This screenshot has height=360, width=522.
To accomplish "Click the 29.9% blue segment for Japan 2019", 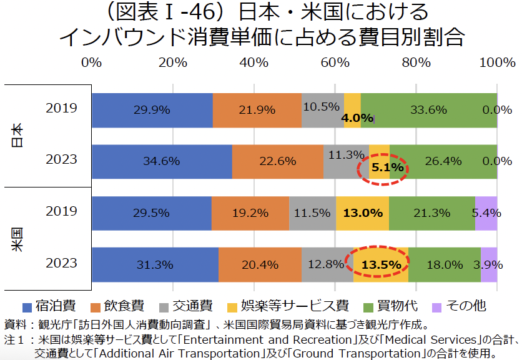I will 152,110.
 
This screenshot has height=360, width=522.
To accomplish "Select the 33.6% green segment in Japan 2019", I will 428,110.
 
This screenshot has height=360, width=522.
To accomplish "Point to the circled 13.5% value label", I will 381,264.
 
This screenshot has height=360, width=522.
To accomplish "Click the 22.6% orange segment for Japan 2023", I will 277,161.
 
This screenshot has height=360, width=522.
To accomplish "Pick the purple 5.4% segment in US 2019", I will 486,212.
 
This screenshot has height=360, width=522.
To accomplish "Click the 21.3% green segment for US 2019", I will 431,212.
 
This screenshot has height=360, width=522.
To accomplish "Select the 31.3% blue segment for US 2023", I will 155,264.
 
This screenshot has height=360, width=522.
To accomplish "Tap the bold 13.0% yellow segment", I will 362,212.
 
